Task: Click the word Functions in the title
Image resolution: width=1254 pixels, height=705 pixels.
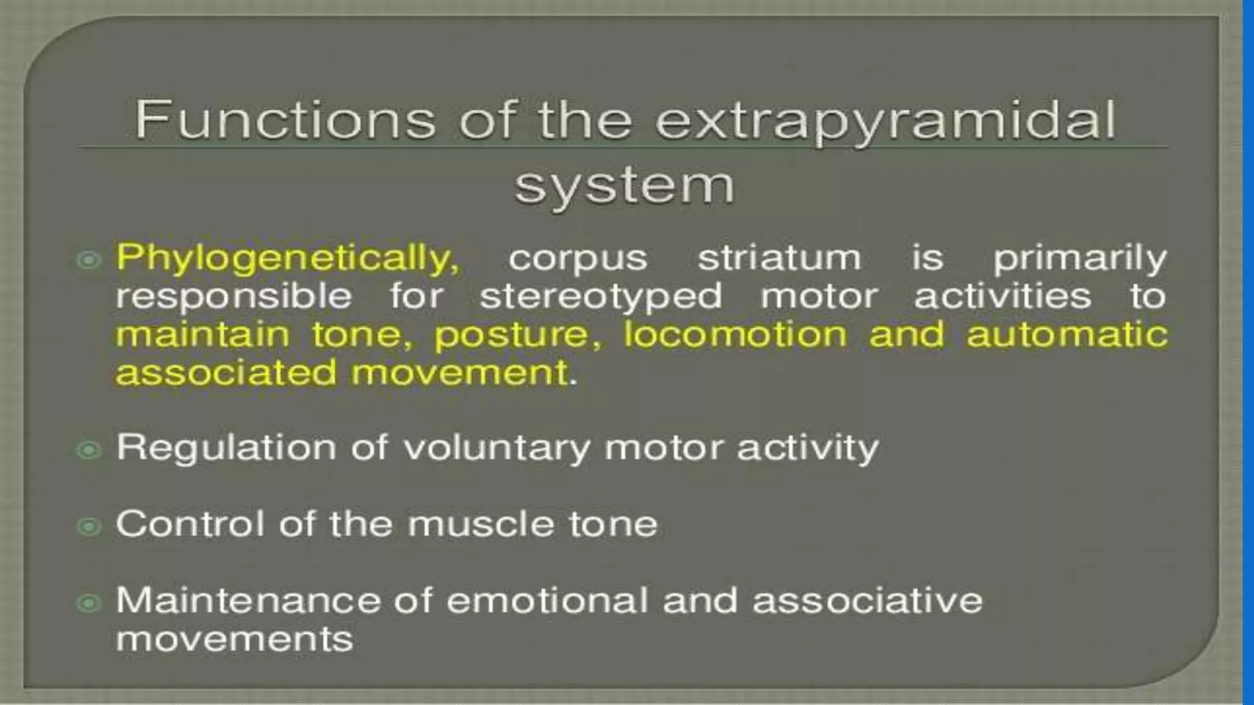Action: pos(285,119)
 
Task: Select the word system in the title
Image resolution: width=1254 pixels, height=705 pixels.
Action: pos(624,186)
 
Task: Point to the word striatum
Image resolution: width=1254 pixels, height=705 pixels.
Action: pos(779,258)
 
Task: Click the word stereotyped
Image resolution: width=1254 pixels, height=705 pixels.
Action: pos(601,297)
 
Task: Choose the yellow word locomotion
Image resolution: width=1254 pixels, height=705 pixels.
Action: pos(735,335)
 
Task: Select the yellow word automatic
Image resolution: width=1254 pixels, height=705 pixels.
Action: pos(1067,335)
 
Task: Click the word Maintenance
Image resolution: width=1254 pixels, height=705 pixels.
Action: pos(248,600)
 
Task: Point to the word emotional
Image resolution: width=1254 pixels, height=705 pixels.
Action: pos(547,600)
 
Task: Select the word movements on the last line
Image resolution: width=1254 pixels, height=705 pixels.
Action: pos(235,640)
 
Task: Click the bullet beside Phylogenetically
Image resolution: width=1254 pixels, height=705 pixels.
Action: pos(89,260)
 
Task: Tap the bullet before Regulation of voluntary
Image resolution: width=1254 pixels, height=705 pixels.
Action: pos(89,450)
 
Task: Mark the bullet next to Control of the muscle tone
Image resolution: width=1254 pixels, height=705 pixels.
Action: pos(89,526)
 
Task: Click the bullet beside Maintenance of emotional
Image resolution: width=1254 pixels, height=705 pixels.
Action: pos(89,603)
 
